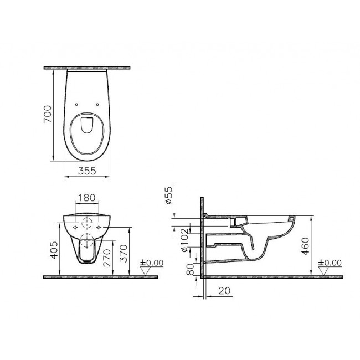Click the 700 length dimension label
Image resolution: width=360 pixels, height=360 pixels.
point(48,114)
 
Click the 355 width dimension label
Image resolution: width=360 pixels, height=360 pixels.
point(87,171)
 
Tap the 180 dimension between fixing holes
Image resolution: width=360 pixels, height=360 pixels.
point(86,198)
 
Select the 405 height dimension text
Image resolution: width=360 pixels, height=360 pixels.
point(54,250)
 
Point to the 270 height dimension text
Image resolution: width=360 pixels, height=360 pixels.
point(107,258)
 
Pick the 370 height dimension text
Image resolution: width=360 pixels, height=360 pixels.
point(124,254)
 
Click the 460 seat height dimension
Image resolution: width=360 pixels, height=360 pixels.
point(305,246)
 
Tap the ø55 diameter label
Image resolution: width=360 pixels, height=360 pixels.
point(168,196)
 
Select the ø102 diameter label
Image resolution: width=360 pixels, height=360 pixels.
point(184,240)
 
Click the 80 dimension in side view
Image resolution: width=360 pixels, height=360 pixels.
point(190,269)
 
